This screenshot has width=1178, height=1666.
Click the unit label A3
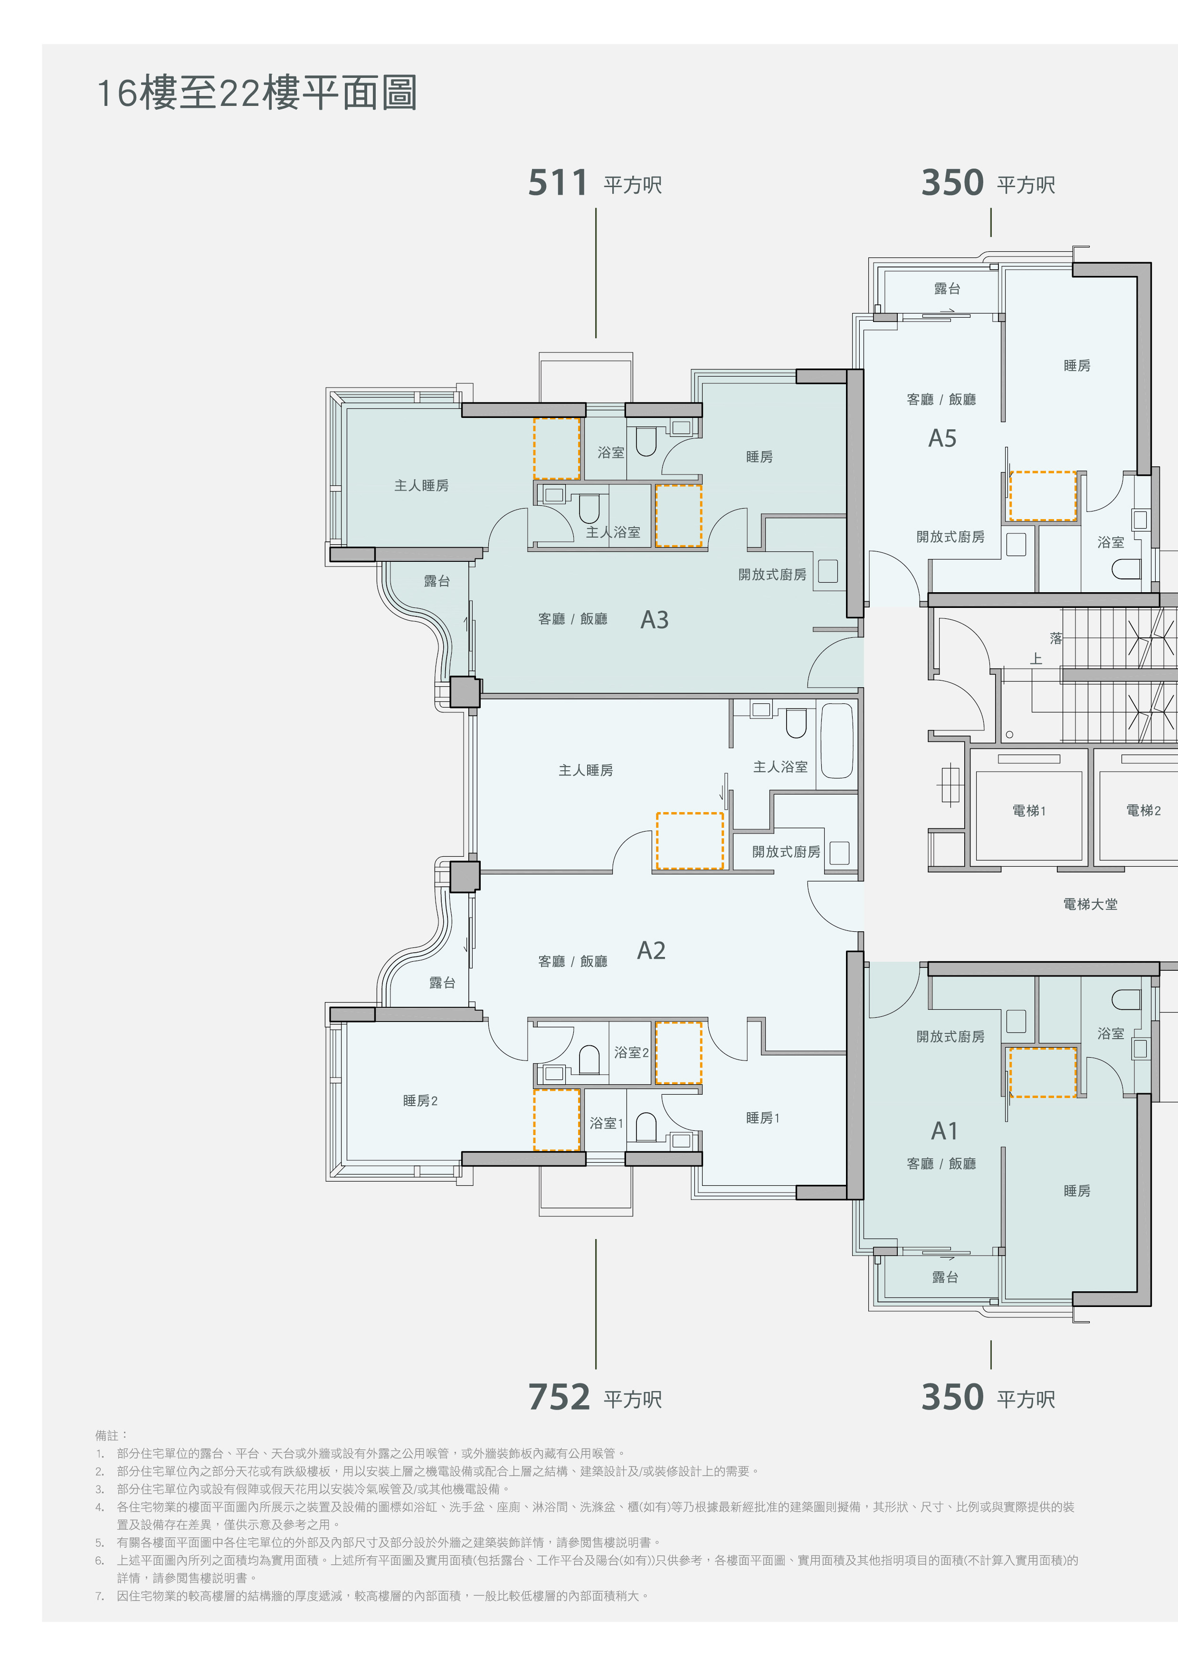click(654, 620)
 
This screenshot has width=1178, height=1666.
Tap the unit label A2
click(651, 951)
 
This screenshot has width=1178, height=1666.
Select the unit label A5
click(942, 438)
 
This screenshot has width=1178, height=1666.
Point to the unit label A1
click(944, 1130)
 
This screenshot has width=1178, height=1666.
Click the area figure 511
click(558, 183)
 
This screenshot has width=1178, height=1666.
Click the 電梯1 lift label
click(1028, 811)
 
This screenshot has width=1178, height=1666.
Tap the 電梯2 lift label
click(1143, 811)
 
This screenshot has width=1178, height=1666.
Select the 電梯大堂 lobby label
click(1090, 904)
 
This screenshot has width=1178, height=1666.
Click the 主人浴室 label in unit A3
click(613, 532)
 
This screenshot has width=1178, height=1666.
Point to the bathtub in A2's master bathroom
click(837, 741)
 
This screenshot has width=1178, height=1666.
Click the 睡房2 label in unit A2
click(420, 1101)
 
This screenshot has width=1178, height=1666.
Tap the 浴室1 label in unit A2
click(606, 1123)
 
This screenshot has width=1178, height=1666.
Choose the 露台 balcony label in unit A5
click(947, 289)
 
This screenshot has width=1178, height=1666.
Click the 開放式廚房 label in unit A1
click(950, 1037)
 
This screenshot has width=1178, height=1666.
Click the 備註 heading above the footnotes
click(111, 1435)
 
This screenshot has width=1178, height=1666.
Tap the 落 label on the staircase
click(1056, 639)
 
